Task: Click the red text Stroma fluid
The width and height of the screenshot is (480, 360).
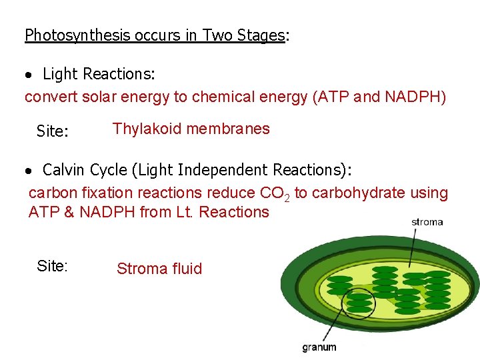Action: click(159, 269)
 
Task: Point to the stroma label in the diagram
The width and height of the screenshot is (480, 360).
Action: click(427, 222)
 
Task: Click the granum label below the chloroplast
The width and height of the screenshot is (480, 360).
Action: click(319, 347)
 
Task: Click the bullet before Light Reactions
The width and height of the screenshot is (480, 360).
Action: click(29, 74)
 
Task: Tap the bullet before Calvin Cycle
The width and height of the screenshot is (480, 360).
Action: click(29, 171)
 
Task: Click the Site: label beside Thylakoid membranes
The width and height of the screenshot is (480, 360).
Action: click(53, 131)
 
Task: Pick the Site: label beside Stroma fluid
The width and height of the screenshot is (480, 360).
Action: click(53, 266)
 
